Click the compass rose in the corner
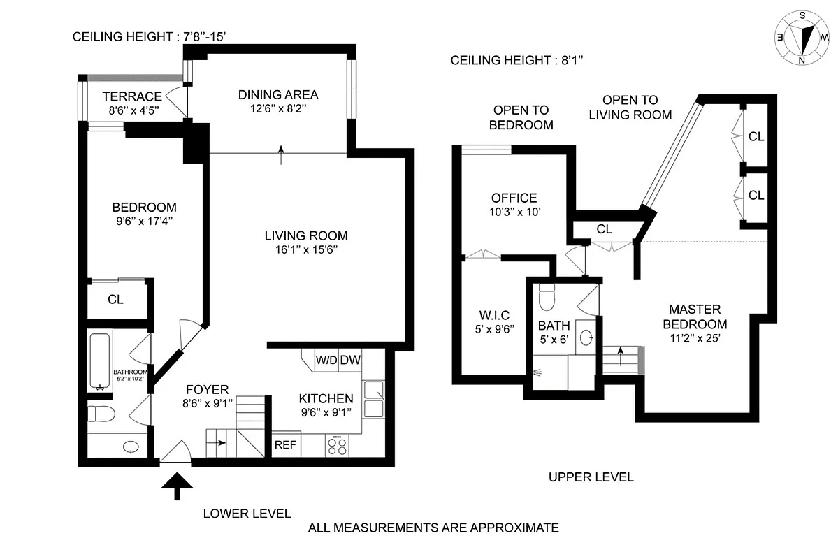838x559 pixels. point(804,39)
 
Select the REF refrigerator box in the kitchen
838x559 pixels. point(284,444)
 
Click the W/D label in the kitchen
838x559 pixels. point(326,361)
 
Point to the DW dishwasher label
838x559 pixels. point(350,361)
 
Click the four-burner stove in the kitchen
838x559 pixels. point(337,445)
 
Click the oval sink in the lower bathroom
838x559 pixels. point(130,447)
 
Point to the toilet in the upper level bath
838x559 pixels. point(547,296)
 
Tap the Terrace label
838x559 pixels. point(132,96)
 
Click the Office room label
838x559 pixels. point(514,198)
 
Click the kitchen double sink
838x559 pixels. point(373,399)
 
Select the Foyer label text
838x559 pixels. point(207,389)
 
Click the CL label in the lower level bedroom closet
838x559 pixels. point(116,299)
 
